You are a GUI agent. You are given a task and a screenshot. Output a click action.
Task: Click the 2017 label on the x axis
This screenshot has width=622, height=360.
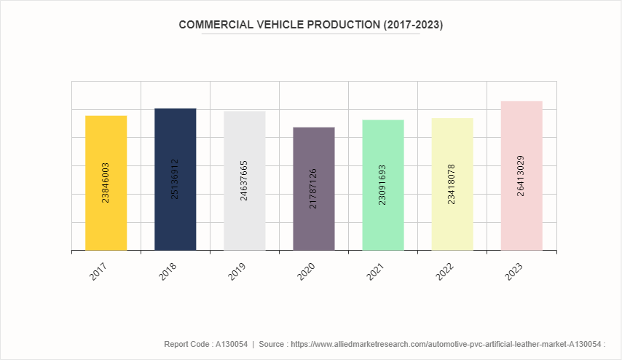tap(98, 273)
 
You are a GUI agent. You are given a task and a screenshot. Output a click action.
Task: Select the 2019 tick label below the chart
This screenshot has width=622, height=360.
tap(237, 273)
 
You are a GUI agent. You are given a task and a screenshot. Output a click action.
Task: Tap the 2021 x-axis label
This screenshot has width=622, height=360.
tap(375, 273)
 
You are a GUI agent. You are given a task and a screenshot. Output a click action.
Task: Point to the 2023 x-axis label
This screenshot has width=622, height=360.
tap(513, 273)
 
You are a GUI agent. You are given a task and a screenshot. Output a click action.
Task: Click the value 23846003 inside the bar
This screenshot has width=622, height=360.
tap(106, 182)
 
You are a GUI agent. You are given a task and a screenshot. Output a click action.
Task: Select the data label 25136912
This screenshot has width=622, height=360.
tap(175, 179)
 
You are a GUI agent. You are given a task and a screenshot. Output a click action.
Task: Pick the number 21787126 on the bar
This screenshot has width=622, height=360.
tap(313, 189)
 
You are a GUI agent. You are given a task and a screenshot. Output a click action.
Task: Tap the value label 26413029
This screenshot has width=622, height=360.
tap(521, 176)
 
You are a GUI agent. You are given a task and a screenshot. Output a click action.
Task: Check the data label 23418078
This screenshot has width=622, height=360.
tap(452, 184)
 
